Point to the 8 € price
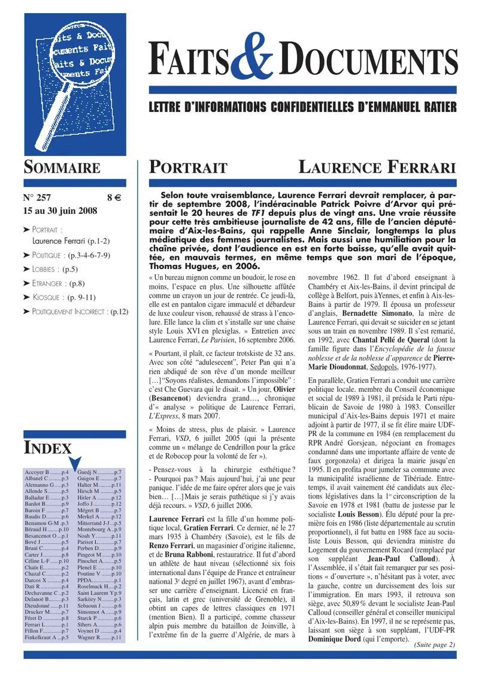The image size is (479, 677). (x=114, y=197)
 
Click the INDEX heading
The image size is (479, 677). (x=47, y=448)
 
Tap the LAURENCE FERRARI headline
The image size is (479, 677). (x=377, y=167)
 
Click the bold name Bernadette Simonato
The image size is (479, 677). (x=363, y=331)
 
